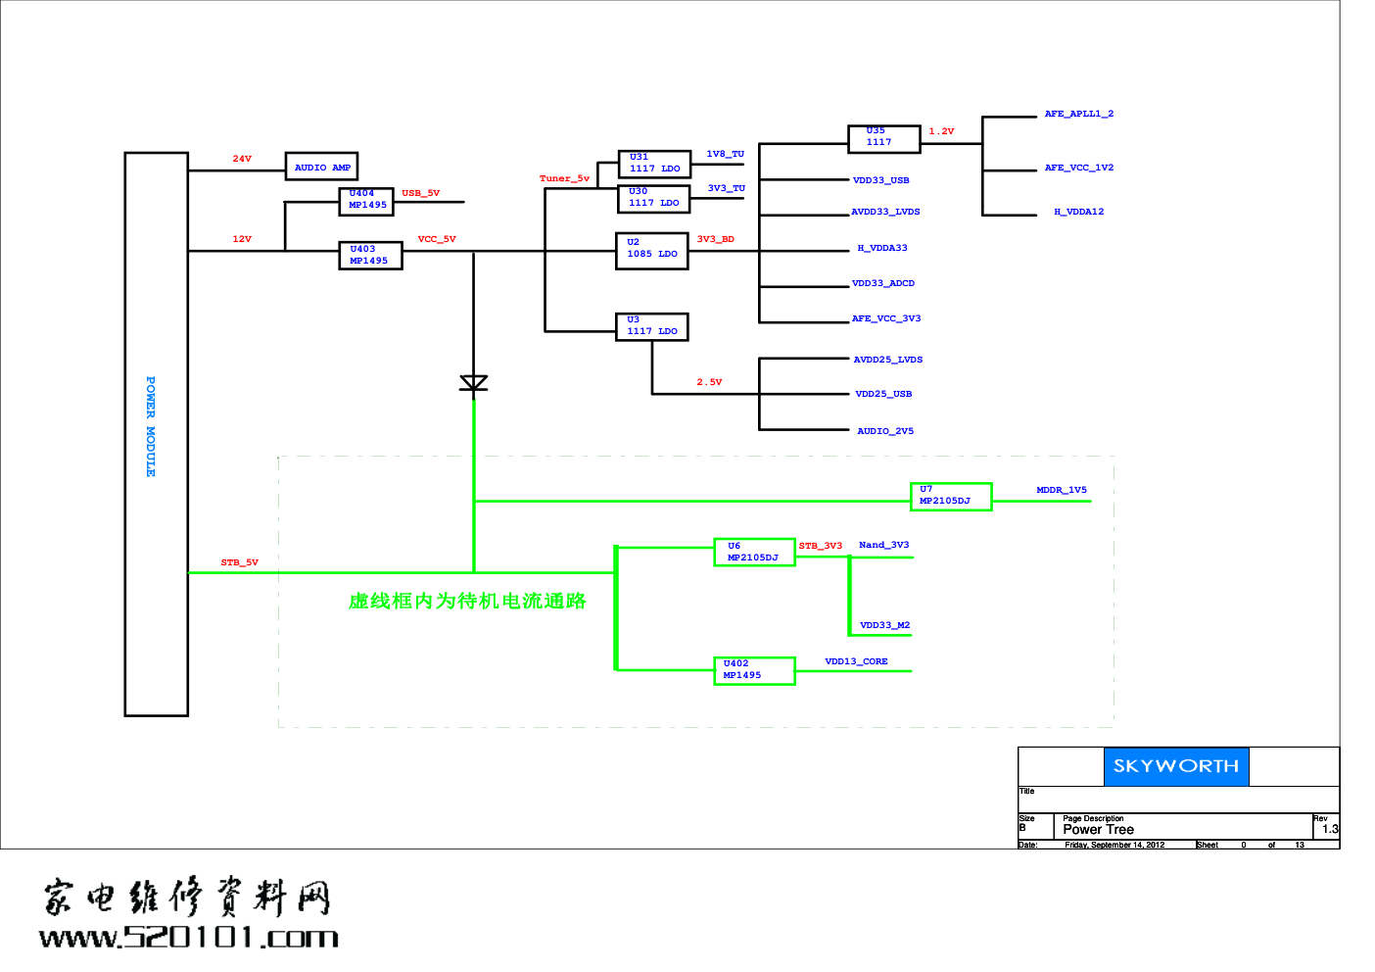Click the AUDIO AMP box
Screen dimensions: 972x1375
tap(321, 167)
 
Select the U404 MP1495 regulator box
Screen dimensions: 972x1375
tap(366, 200)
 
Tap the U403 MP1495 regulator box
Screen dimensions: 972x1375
tap(370, 255)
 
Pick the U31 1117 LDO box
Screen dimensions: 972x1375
tap(654, 164)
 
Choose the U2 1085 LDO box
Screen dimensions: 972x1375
tap(652, 251)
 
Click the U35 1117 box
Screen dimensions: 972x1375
tap(883, 139)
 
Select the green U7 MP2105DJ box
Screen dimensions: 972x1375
tap(950, 496)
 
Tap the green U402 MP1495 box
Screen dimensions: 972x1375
tap(754, 670)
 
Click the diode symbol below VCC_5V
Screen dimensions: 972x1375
tap(474, 383)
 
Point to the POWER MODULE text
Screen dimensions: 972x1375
tap(151, 426)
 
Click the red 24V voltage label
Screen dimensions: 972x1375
tap(242, 159)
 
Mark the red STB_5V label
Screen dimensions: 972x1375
tap(239, 562)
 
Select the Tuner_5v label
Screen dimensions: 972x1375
tap(564, 178)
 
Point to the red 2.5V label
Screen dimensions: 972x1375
tap(709, 382)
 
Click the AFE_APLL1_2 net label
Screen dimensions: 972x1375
tap(1078, 114)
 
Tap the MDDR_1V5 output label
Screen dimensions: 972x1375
tap(1062, 490)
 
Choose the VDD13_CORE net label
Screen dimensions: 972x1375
tap(856, 661)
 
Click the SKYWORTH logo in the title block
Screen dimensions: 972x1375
tap(1176, 766)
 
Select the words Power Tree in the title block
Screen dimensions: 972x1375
tap(1098, 829)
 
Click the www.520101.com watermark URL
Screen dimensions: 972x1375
tap(189, 937)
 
